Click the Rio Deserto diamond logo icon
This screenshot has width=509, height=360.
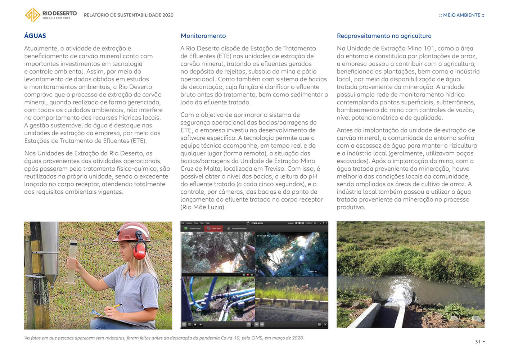32,15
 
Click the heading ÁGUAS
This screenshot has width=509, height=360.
35,36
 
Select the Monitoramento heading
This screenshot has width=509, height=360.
203,36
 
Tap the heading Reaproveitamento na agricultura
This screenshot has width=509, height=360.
384,36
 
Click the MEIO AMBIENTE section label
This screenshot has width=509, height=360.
461,15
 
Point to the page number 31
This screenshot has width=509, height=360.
478,342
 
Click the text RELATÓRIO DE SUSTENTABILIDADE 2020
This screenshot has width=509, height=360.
129,15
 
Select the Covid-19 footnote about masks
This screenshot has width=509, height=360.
164,338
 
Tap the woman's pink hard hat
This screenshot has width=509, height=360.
132,231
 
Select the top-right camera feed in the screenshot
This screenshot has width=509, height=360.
292,254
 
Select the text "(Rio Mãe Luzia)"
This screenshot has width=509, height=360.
203,207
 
